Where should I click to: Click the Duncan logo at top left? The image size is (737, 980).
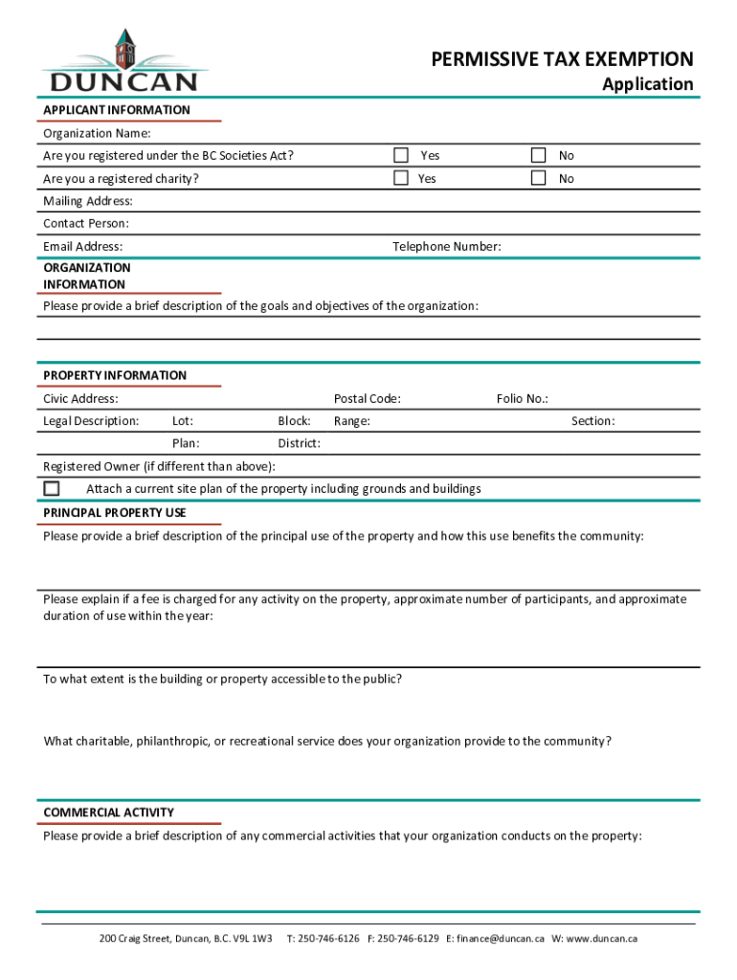click(x=119, y=62)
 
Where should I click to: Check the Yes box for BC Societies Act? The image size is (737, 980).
click(x=401, y=155)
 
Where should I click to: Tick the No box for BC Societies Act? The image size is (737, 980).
click(x=539, y=155)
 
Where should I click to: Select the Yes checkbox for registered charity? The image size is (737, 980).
click(x=401, y=178)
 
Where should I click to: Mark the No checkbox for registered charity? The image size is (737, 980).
click(x=539, y=178)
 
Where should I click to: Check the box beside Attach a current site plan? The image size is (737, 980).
click(x=52, y=488)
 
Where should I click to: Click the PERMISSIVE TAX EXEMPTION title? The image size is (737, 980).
click(x=562, y=60)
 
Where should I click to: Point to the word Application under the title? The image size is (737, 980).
click(x=647, y=84)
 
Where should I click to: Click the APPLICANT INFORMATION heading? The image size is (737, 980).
click(x=117, y=110)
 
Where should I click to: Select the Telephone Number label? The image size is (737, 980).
click(x=446, y=247)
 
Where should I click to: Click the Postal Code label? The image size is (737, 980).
click(x=367, y=398)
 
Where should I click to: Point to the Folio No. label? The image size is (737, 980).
click(x=522, y=398)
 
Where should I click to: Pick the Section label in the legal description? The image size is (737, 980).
click(x=592, y=421)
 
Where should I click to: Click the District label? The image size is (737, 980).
click(x=299, y=444)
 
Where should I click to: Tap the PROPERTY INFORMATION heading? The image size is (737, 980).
click(x=115, y=375)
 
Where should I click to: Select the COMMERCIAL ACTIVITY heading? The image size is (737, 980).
click(x=109, y=813)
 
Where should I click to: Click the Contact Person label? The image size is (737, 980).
click(x=86, y=224)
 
